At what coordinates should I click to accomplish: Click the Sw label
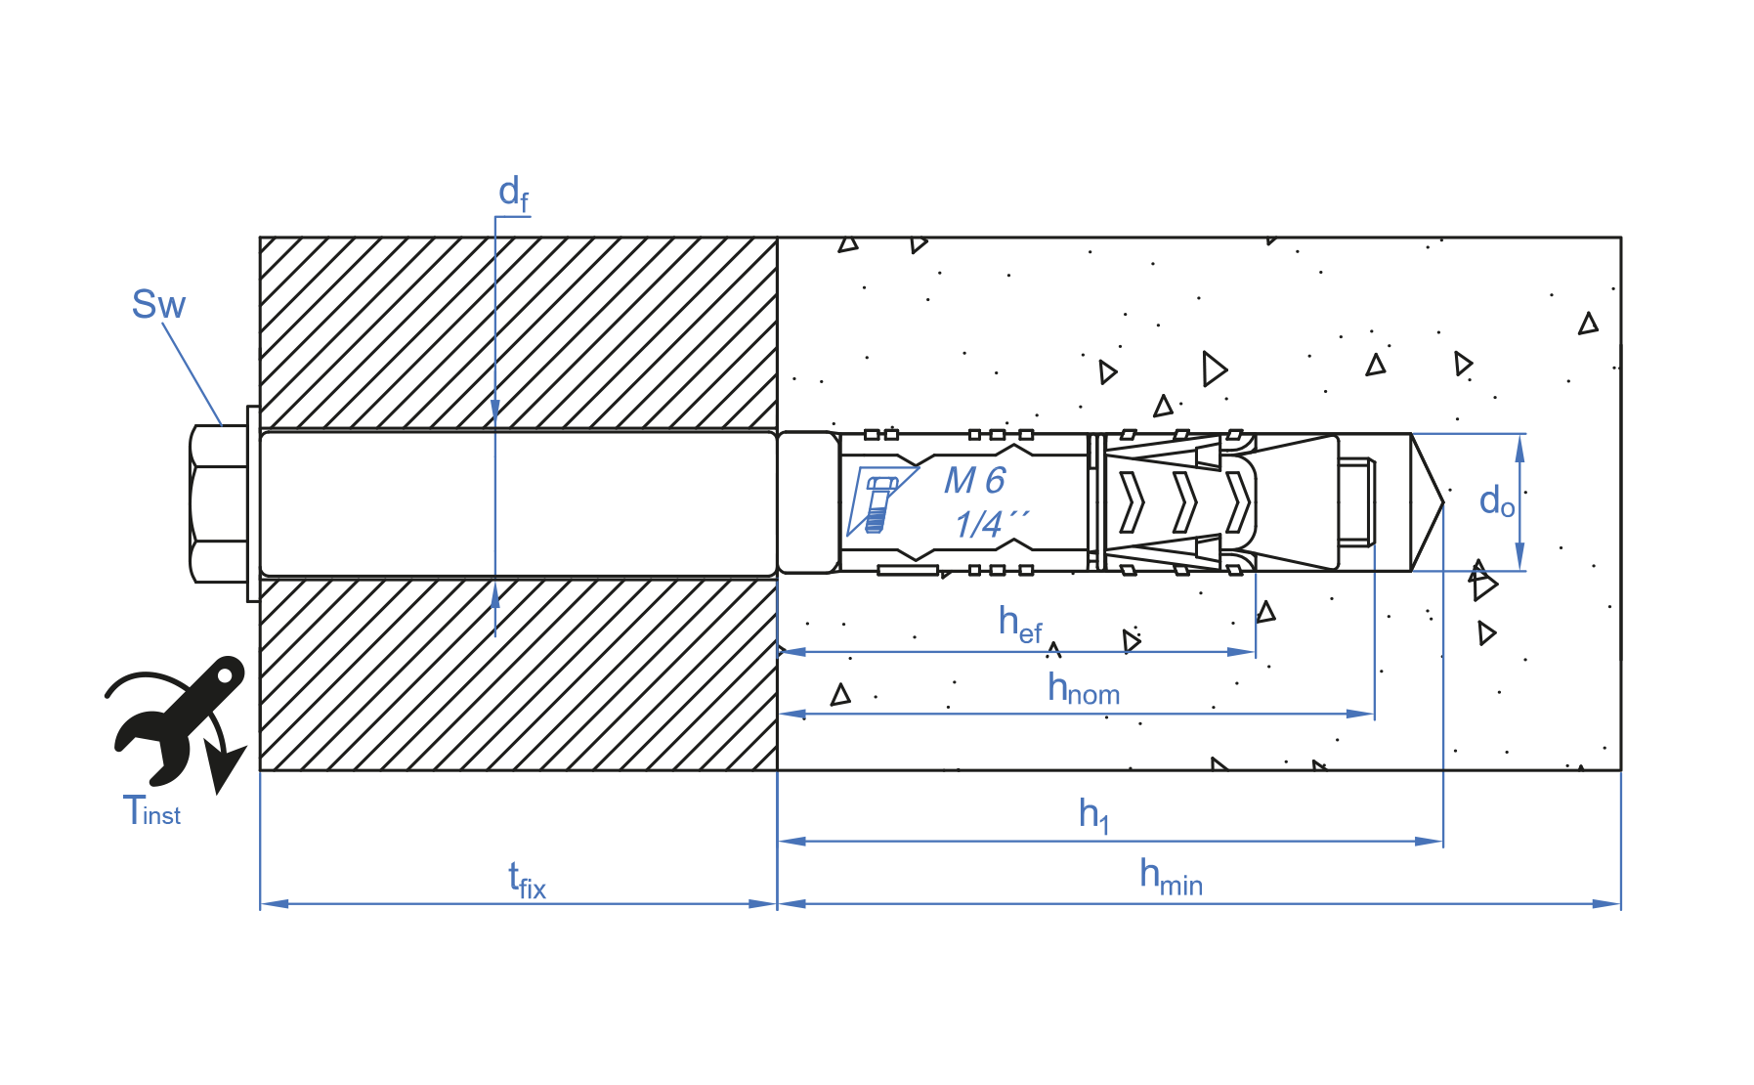pos(158,304)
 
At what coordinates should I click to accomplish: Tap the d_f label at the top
pos(514,194)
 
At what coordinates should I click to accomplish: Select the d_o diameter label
pos(1497,501)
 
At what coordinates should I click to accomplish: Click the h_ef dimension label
pos(1020,625)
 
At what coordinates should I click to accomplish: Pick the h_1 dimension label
pos(1093,814)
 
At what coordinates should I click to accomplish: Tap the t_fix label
pos(527,880)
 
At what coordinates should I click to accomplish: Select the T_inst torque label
pos(151,810)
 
